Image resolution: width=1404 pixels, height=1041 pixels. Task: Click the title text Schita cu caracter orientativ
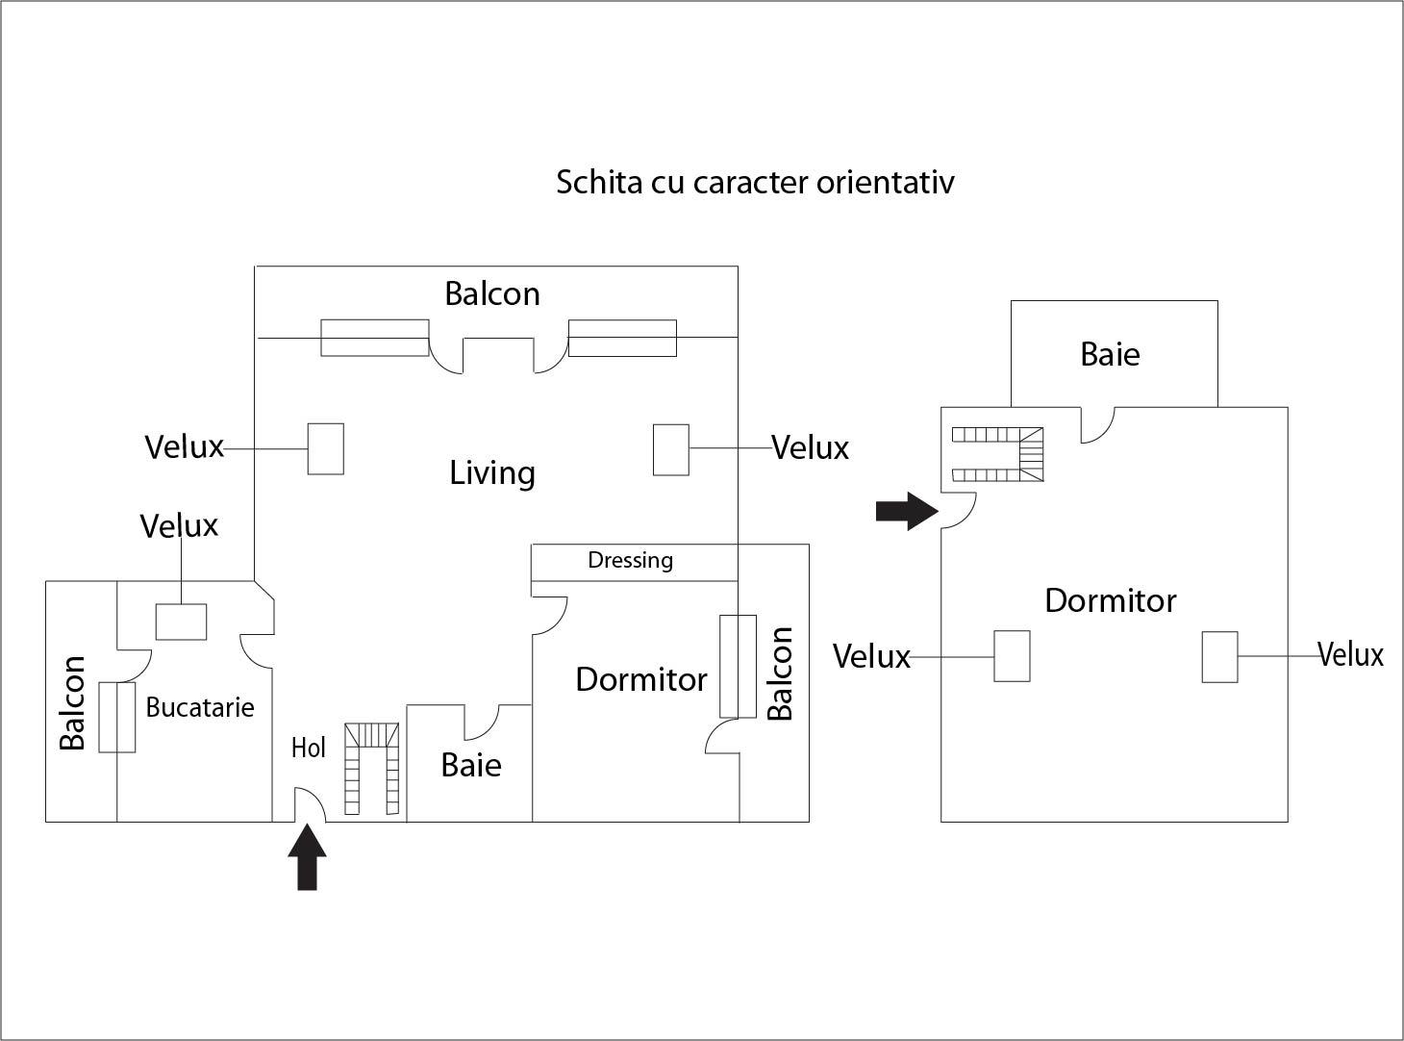tap(755, 182)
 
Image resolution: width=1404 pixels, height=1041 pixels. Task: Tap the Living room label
tap(492, 472)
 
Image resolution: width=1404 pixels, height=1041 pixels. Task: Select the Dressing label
tap(630, 560)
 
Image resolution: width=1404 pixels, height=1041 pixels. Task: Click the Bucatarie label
tap(200, 707)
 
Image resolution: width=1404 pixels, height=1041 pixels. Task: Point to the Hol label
tap(309, 748)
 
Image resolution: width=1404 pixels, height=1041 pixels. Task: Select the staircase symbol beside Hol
tap(372, 769)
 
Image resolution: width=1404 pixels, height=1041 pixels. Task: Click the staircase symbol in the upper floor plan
tap(997, 454)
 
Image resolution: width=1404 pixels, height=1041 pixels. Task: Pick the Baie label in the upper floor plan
tap(1110, 354)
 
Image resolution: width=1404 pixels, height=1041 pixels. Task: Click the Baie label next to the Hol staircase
tap(471, 765)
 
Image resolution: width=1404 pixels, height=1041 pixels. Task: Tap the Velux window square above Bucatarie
tap(182, 622)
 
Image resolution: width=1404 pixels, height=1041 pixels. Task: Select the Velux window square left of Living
tap(326, 448)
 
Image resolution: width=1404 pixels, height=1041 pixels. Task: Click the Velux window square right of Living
tap(671, 449)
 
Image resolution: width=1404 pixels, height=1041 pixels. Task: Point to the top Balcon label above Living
tap(492, 293)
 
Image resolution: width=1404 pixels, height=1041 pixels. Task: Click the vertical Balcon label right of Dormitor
tap(780, 673)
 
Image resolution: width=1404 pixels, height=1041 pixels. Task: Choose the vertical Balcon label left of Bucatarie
tap(73, 702)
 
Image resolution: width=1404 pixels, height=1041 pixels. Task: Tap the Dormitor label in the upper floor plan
tap(1111, 600)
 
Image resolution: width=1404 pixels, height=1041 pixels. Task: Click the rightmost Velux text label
tap(1350, 655)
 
